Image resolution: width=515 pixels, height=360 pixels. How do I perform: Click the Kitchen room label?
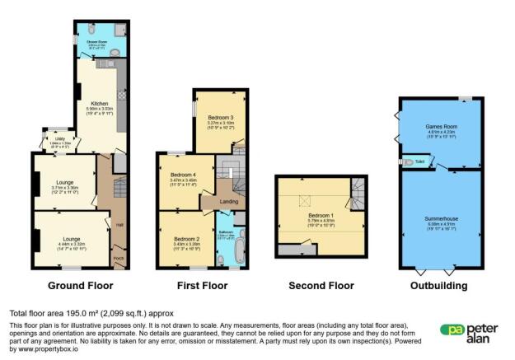tap(100, 103)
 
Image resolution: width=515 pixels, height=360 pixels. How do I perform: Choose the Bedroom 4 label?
tap(183, 175)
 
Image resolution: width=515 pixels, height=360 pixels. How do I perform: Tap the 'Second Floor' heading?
tap(321, 286)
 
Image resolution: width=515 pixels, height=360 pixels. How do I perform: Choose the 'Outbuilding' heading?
tap(439, 286)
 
